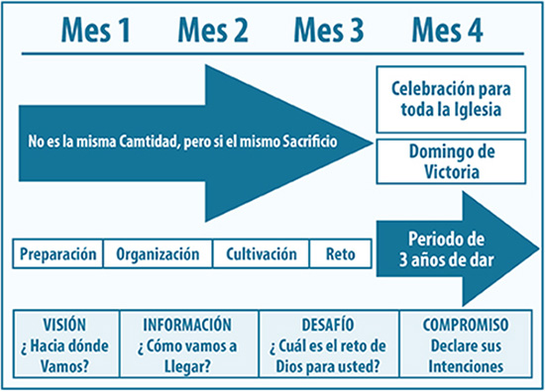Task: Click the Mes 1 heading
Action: click(96, 29)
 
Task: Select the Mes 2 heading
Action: click(212, 29)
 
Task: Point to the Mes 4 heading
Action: click(447, 29)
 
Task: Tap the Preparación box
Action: click(59, 253)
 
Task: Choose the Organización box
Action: click(157, 253)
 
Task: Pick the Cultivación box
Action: click(262, 253)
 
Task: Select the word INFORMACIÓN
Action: click(187, 325)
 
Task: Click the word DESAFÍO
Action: click(327, 325)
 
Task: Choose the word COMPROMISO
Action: click(466, 325)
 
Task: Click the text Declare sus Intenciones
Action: click(466, 354)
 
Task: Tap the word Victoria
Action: click(452, 170)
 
